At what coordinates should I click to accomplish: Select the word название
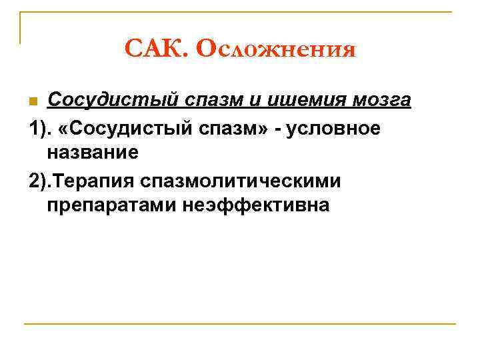(x=93, y=153)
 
